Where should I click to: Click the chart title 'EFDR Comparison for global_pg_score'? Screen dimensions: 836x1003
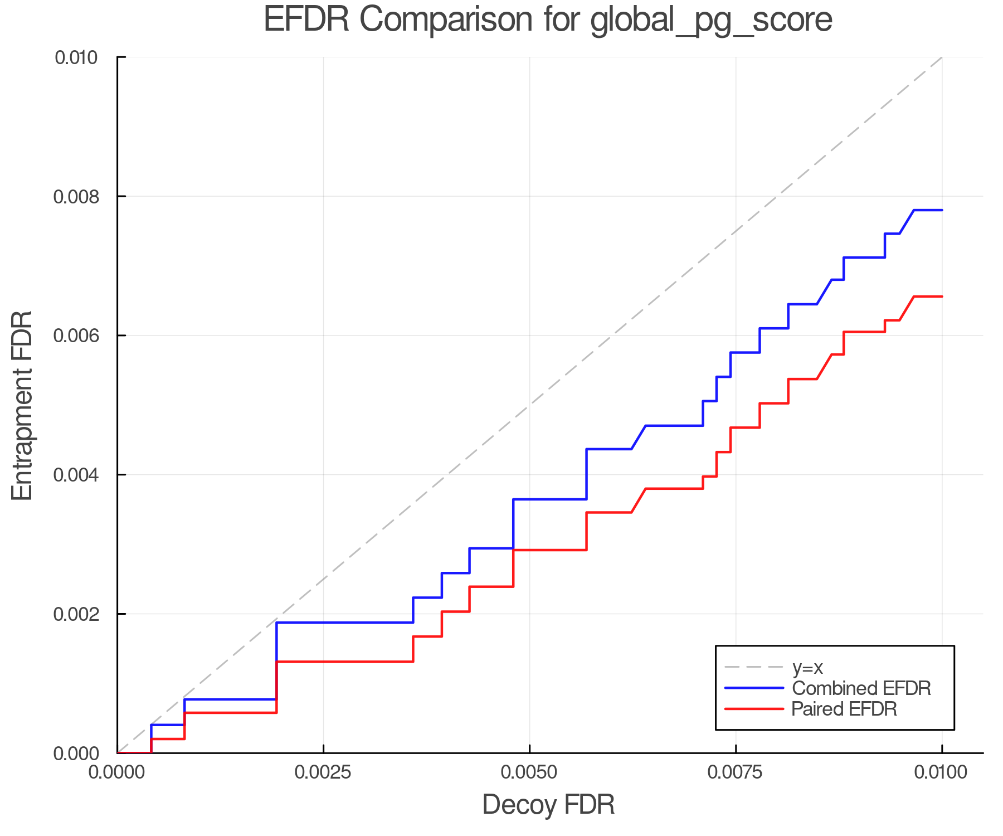[x=548, y=20]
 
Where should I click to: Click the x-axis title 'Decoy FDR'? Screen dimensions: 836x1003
[x=548, y=805]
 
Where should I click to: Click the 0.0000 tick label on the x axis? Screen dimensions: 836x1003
[x=117, y=773]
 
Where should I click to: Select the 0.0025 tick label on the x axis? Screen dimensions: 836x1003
[x=323, y=773]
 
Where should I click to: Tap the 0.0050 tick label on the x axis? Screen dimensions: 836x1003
[x=529, y=773]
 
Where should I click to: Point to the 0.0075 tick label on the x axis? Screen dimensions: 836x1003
[x=736, y=773]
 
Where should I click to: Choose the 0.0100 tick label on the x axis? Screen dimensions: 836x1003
[x=942, y=773]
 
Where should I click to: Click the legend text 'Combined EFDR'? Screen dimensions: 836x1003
[x=861, y=688]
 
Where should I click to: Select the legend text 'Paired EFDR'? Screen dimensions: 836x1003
[x=844, y=709]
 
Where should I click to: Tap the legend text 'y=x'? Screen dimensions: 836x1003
[x=807, y=667]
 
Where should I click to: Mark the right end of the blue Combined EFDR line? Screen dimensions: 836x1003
[x=942, y=210]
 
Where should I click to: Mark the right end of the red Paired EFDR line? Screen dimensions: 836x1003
[x=942, y=297]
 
